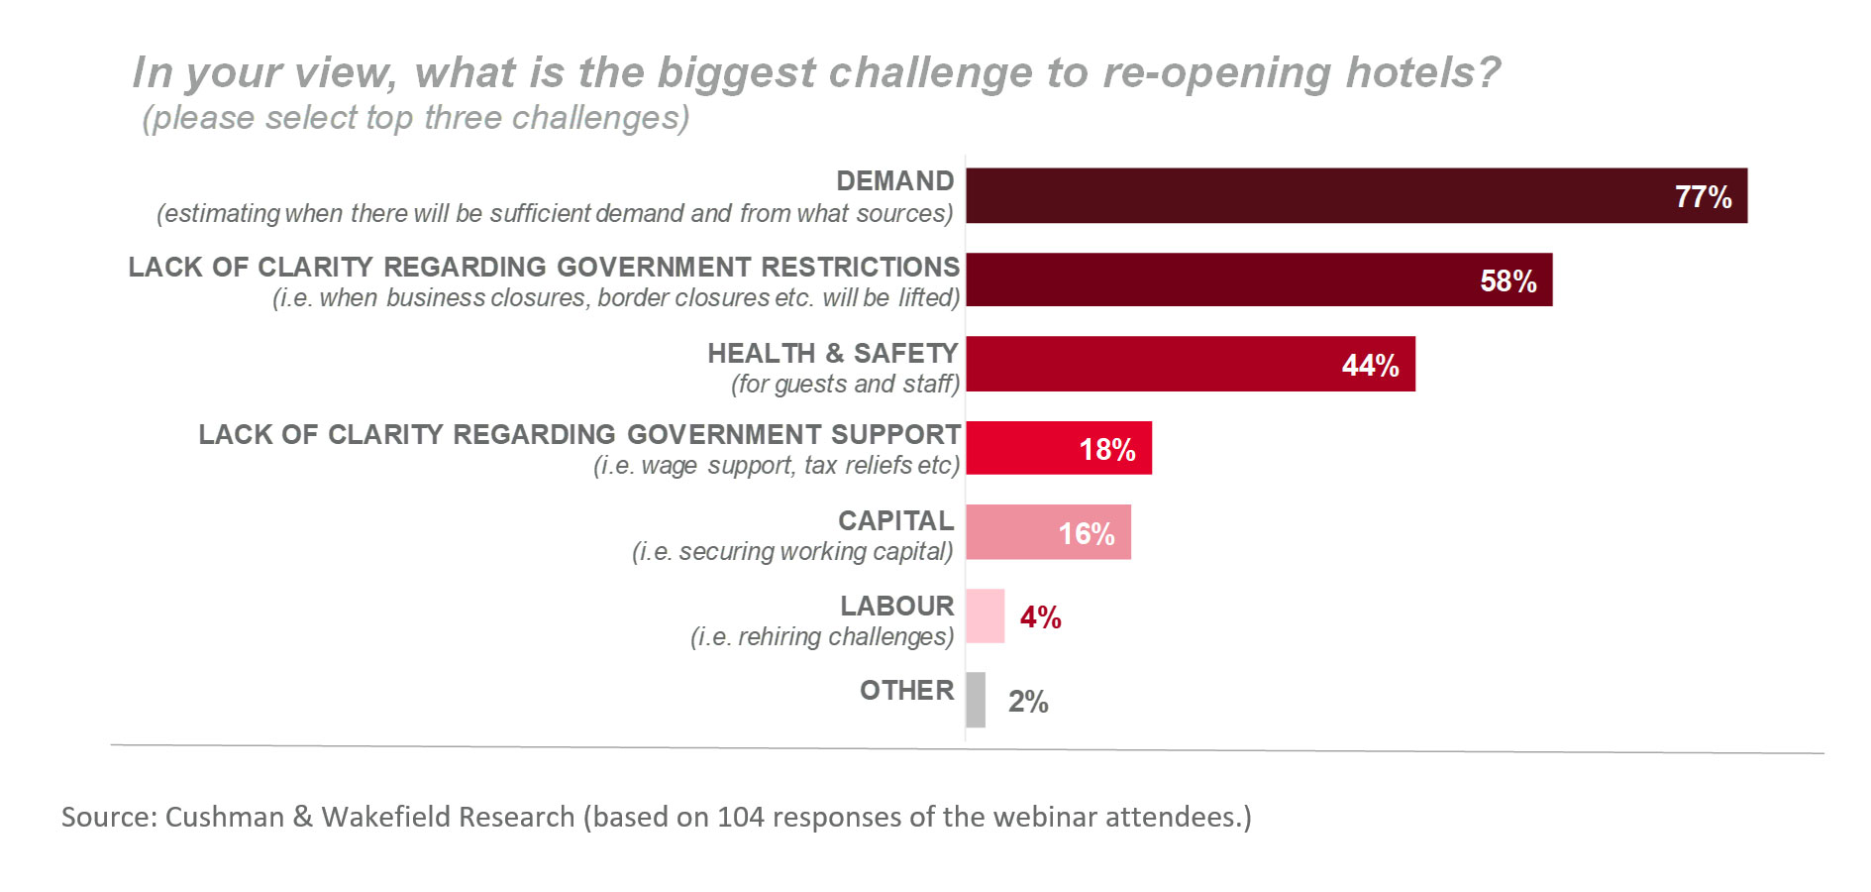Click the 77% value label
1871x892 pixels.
tap(1703, 196)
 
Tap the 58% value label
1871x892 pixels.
tap(1507, 280)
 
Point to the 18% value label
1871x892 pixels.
tap(1106, 449)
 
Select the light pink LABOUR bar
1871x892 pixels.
tap(985, 616)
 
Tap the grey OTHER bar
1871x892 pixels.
tap(976, 700)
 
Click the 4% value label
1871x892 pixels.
tap(1040, 617)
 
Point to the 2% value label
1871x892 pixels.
tap(1028, 702)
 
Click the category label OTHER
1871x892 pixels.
tap(906, 690)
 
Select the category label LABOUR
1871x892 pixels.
tap(896, 606)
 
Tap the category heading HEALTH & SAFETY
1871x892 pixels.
tap(832, 353)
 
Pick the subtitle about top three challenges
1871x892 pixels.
tap(415, 118)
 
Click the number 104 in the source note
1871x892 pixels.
tap(741, 817)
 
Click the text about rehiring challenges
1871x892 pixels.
tap(821, 636)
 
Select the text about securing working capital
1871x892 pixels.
tap(792, 551)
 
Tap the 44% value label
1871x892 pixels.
tap(1370, 365)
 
